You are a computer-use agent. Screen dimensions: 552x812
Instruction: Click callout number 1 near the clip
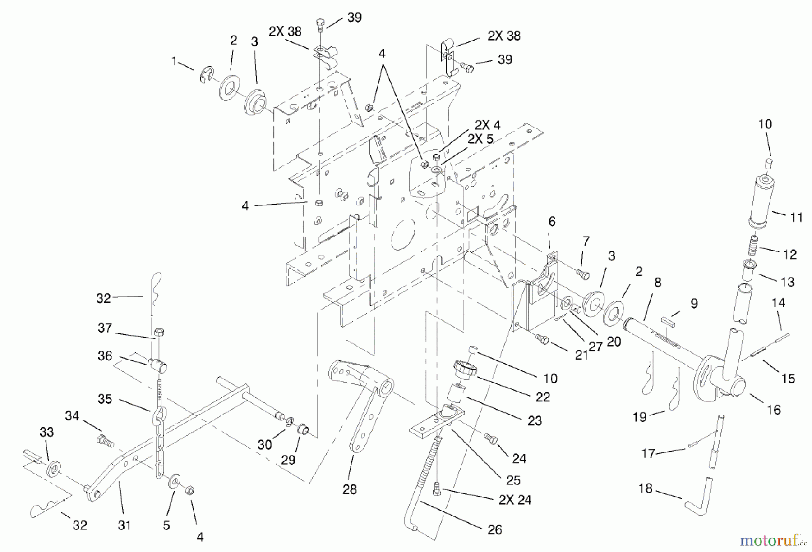[x=174, y=61]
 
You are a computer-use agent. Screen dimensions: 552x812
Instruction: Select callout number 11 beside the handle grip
[x=796, y=218]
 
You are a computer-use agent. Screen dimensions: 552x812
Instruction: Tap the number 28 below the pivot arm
[x=350, y=489]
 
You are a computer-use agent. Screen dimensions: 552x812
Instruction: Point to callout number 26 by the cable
[x=495, y=529]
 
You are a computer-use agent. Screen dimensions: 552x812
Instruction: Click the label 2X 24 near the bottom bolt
[x=515, y=500]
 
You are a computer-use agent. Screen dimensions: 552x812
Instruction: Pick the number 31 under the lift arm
[x=124, y=525]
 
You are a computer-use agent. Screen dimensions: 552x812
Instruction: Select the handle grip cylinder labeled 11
[x=761, y=201]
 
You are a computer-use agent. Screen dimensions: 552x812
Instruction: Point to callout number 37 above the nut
[x=105, y=328]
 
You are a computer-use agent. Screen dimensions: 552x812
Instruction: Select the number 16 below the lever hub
[x=774, y=410]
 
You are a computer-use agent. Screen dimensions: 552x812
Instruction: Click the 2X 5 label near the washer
[x=480, y=139]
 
